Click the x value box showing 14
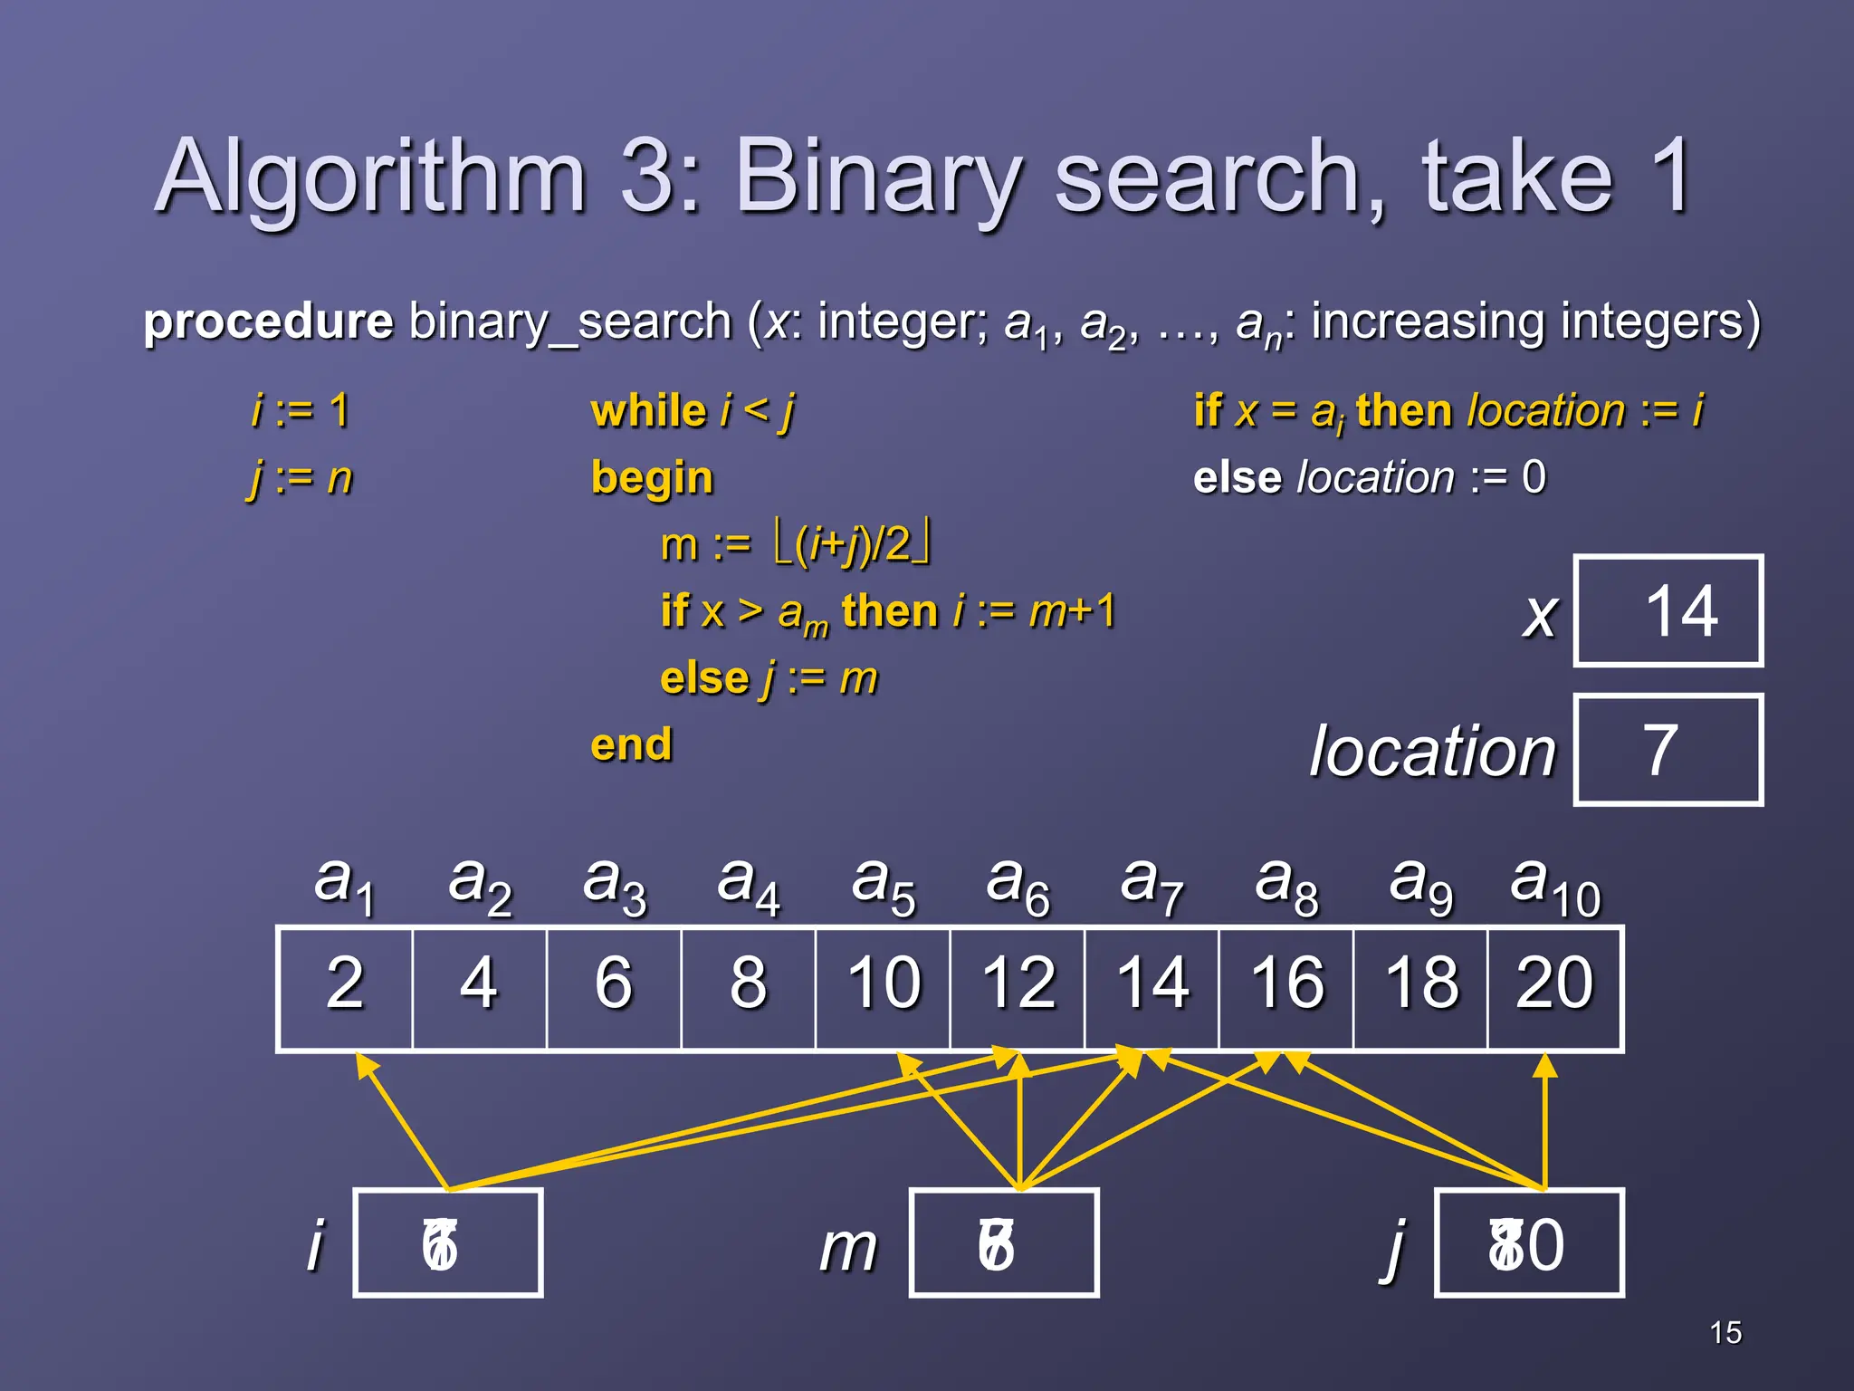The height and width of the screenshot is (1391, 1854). [x=1668, y=611]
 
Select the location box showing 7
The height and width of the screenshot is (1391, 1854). [x=1668, y=750]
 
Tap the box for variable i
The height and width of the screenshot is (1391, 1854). [x=448, y=1243]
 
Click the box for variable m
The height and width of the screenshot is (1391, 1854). [x=1004, y=1243]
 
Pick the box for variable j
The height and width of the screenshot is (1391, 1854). [x=1529, y=1243]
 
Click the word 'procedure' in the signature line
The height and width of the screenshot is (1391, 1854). [x=269, y=321]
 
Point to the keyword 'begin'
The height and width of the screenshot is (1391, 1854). [x=652, y=478]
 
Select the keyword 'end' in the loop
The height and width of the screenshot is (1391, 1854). [x=631, y=744]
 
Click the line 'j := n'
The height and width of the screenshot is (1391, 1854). [x=300, y=477]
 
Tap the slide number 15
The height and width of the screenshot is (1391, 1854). [x=1725, y=1333]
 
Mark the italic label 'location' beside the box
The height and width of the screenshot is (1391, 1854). [x=1432, y=752]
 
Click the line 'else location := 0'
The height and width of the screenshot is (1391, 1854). [x=1369, y=477]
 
